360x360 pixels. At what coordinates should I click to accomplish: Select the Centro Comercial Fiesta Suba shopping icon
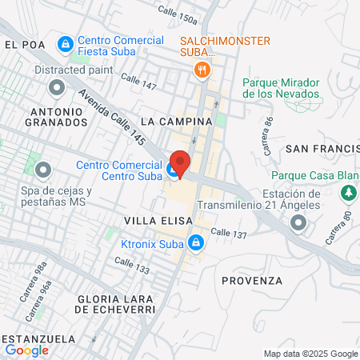(66, 43)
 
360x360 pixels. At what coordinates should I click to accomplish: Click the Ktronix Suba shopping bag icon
(194, 241)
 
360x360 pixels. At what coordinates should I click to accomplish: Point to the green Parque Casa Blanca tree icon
(348, 193)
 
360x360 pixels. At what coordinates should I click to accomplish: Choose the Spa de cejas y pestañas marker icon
(43, 170)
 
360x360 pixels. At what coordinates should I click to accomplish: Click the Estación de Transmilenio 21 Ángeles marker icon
(298, 223)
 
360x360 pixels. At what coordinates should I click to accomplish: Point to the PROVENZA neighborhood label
(252, 281)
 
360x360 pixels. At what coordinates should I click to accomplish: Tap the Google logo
(27, 350)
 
